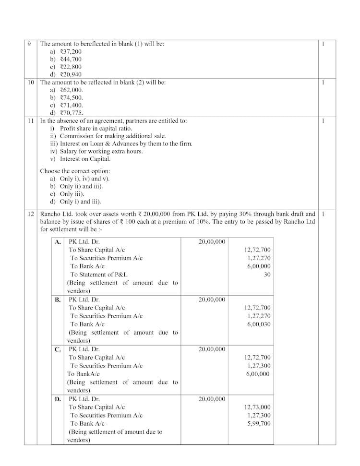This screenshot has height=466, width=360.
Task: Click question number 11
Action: click(30, 121)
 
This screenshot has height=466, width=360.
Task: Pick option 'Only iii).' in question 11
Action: click(72, 194)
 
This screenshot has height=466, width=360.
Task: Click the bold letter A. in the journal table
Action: click(58, 242)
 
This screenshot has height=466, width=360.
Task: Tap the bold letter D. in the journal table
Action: click(58, 399)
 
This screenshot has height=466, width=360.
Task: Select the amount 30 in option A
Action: click(267, 275)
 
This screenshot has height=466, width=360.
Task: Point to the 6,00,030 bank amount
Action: click(258, 324)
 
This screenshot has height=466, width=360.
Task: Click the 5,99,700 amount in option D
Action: click(258, 424)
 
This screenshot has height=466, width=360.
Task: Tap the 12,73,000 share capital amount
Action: click(257, 407)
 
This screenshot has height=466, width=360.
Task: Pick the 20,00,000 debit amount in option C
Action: click(211, 349)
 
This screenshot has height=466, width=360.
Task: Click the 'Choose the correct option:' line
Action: click(75, 171)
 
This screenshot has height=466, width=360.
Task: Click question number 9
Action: click(30, 44)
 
